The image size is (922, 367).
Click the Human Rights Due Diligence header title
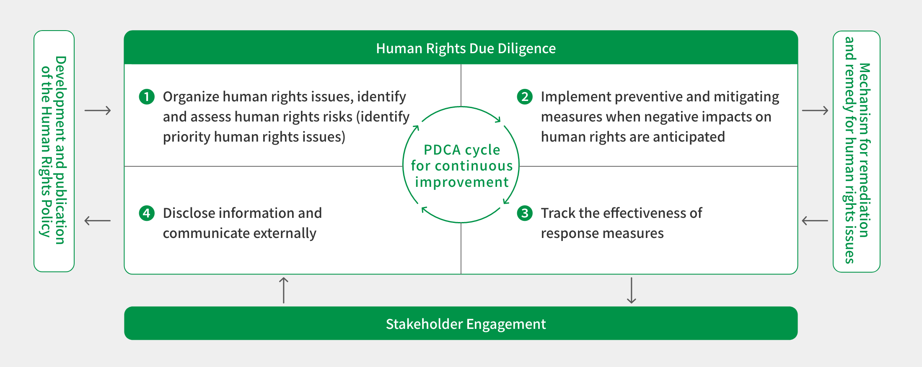466,49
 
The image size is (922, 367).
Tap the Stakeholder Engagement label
466,324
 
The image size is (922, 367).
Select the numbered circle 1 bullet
147,97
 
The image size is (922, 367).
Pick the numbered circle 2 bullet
525,97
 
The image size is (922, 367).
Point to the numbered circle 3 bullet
525,213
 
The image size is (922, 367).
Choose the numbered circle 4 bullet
147,213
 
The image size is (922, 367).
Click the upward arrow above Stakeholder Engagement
284,290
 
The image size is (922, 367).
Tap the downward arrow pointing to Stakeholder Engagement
631,290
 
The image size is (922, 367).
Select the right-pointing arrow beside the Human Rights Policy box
98,111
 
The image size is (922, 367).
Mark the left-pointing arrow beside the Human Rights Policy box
98,220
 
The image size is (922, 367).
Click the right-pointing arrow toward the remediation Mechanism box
815,111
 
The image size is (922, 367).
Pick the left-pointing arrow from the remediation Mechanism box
815,220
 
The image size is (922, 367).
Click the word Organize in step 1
191,97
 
